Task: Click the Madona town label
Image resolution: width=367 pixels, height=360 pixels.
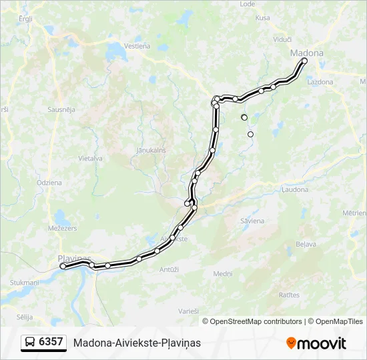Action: coord(306,53)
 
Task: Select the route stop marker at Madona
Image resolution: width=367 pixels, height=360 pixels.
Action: coord(304,61)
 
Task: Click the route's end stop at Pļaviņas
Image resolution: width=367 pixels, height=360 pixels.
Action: coord(63,266)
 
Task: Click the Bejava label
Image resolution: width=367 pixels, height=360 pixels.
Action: coord(306,244)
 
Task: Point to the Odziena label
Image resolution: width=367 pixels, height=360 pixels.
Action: coord(49,182)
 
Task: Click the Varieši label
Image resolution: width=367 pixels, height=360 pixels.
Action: coord(189,311)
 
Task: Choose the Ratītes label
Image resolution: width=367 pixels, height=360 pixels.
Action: coord(290,294)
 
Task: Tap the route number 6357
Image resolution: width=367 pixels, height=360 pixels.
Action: coord(51,342)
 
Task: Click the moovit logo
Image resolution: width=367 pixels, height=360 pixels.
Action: coord(316,343)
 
